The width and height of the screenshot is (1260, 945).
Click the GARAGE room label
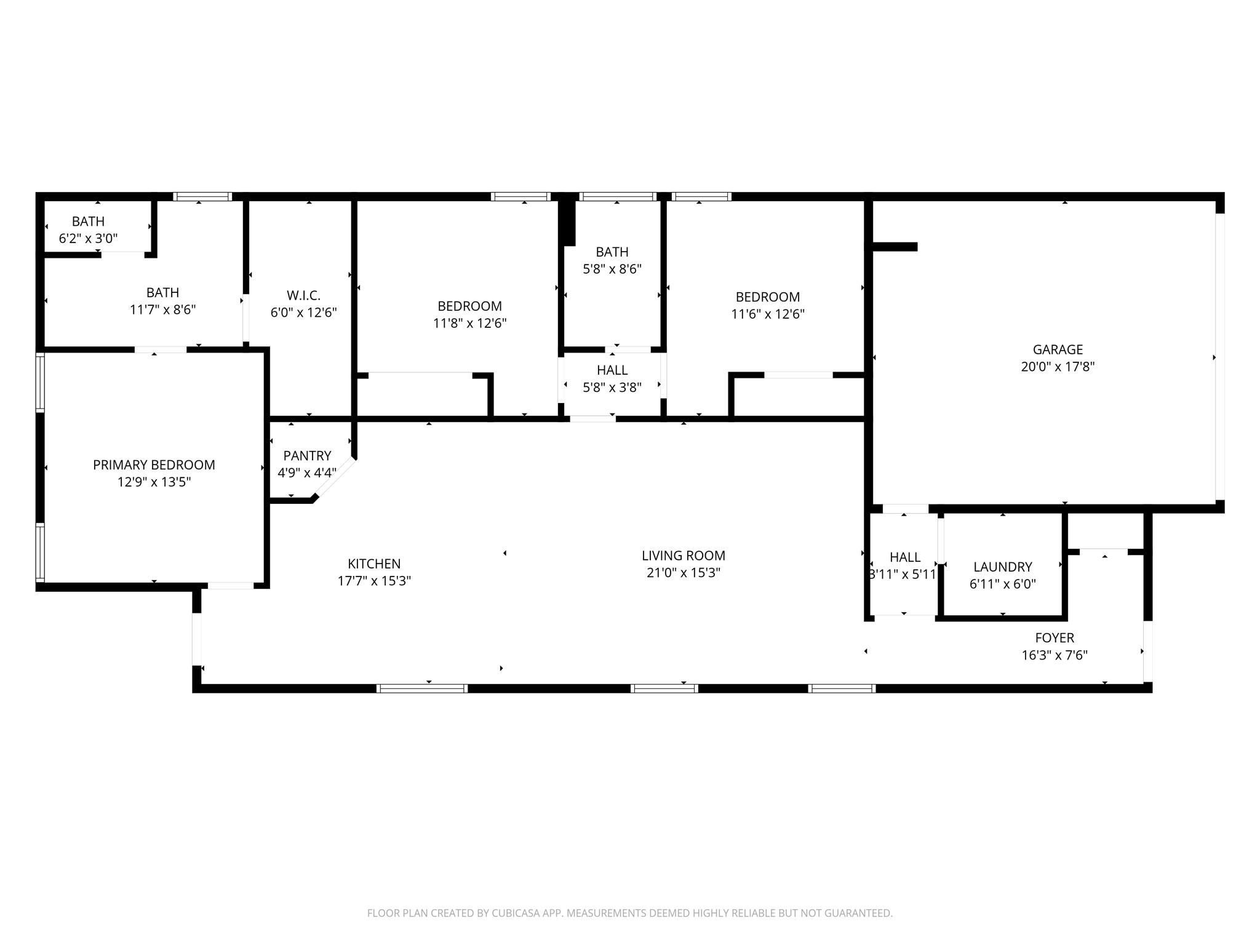click(x=1058, y=349)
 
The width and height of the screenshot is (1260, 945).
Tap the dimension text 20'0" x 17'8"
click(x=1058, y=367)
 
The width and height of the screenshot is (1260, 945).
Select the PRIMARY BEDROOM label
click(x=154, y=465)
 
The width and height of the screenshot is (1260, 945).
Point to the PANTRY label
click(x=307, y=456)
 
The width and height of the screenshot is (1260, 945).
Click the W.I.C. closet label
click(x=303, y=295)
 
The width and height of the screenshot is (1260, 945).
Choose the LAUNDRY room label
click(x=1002, y=567)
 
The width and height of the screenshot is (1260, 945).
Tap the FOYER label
click(x=1055, y=638)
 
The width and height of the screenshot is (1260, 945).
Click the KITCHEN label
click(x=374, y=564)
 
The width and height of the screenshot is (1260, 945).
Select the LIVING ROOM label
click(x=683, y=556)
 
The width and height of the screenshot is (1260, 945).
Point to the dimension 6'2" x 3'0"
click(x=88, y=239)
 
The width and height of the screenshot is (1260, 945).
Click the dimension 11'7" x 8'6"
click(x=162, y=309)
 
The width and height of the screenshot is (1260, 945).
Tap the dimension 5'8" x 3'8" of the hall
click(x=612, y=388)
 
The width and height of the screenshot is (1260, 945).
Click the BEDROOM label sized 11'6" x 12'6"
click(x=767, y=297)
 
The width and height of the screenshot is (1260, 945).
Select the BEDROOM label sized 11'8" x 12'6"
click(x=469, y=306)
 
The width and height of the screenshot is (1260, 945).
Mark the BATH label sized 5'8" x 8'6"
click(x=612, y=252)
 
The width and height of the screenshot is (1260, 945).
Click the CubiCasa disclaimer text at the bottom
click(x=629, y=913)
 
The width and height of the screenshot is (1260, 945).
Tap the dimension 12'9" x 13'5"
click(x=154, y=482)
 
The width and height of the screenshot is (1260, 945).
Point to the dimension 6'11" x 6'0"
click(x=1002, y=584)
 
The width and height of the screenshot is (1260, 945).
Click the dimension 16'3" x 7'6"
click(x=1055, y=655)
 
